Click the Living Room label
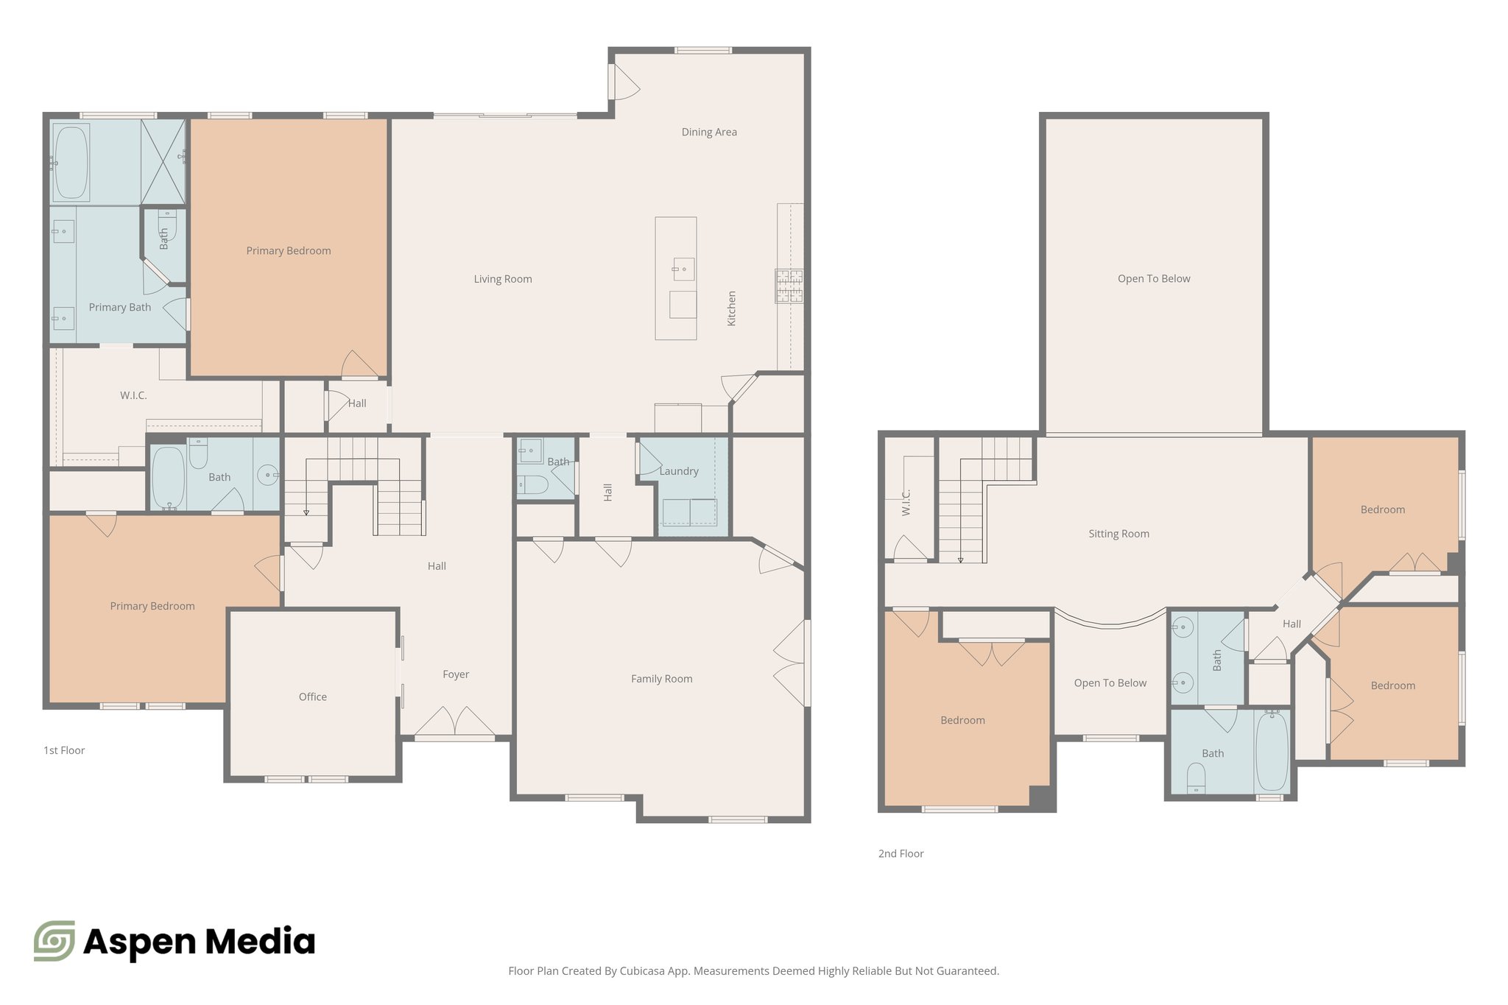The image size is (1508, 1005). pos(503,279)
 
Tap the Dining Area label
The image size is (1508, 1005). pos(709,133)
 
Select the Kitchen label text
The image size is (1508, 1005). pos(732,308)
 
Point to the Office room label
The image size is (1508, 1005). pos(313,697)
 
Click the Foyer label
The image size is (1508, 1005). pos(456,674)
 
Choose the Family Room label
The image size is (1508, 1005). pos(661,679)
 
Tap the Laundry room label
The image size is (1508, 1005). pos(679,471)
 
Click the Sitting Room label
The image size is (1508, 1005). pos(1118,534)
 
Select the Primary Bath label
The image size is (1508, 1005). pos(120,307)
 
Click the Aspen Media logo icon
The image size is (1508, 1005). pos(54,940)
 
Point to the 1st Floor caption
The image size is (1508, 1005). pos(64,750)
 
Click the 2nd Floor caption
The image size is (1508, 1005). pos(901,853)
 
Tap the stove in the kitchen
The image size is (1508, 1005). pos(789,286)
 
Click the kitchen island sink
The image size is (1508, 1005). pos(683,269)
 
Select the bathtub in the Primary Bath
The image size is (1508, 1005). pos(71,162)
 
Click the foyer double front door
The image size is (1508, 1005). pos(455,723)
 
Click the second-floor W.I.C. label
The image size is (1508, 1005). pos(906,502)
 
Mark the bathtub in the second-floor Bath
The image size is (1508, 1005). pos(1272,751)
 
